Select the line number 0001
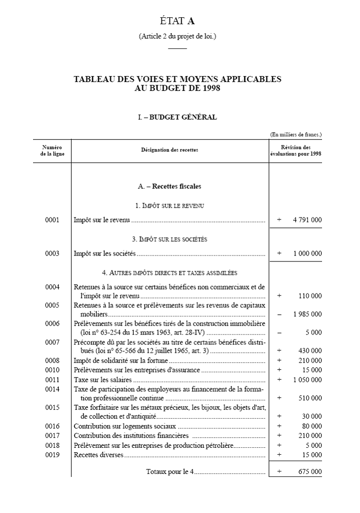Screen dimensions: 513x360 point(52,220)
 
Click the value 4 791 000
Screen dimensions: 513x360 point(307,220)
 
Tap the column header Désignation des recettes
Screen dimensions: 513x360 point(169,150)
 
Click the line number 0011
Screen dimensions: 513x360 point(52,380)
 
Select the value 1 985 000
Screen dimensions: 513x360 point(307,314)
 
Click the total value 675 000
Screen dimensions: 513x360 point(310,472)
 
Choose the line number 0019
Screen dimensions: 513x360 point(52,455)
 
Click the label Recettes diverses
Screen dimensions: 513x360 point(98,455)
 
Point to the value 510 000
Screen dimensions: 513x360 point(310,397)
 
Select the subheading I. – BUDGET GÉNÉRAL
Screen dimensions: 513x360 point(177,117)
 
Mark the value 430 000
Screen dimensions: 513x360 point(310,351)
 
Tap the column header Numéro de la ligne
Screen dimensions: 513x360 point(52,150)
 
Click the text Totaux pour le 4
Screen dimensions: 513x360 point(169,472)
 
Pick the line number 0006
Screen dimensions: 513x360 point(52,323)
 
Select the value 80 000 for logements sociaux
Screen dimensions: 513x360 point(312,426)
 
